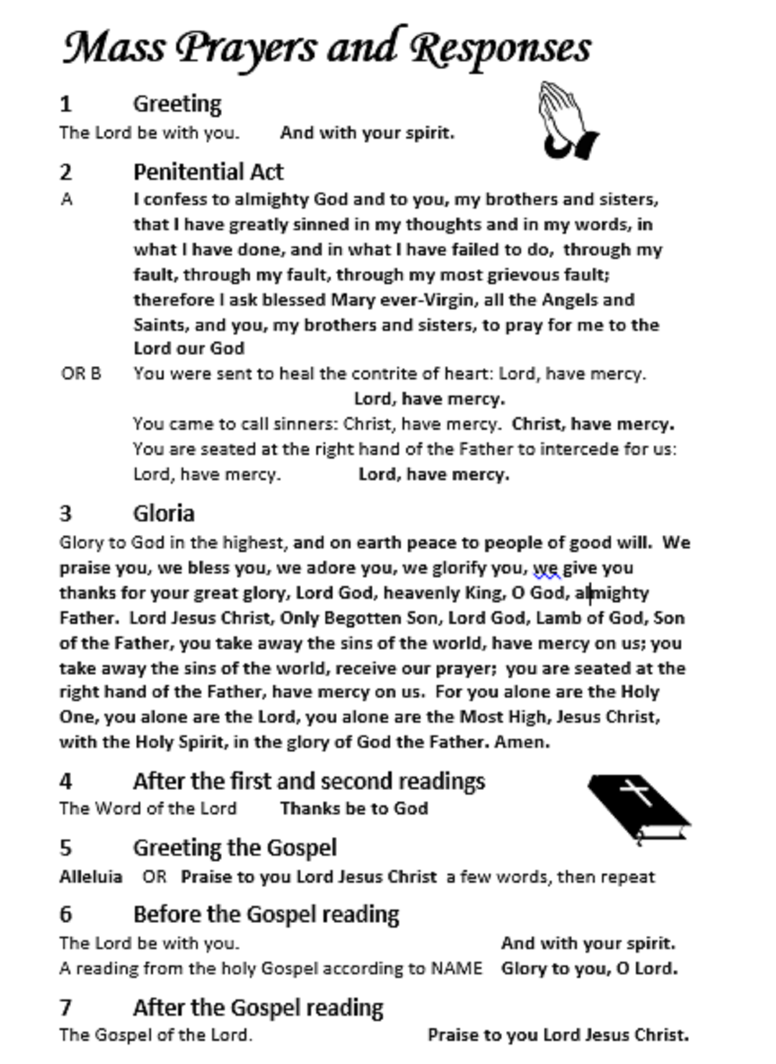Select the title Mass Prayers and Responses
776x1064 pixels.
[327, 47]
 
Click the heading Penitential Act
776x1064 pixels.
[208, 172]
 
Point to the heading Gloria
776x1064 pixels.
[163, 513]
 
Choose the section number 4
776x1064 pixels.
[66, 781]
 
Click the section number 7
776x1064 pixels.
[66, 1008]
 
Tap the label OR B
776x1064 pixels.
[81, 374]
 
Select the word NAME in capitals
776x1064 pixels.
[456, 968]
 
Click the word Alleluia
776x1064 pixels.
[91, 877]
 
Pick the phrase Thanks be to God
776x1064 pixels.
[354, 809]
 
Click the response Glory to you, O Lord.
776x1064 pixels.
[589, 968]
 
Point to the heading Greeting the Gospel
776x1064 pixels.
[234, 848]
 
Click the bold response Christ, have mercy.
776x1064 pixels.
[593, 424]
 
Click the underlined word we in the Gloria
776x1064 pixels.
[546, 569]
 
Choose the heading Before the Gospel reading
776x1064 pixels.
[266, 914]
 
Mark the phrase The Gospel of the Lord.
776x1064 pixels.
[156, 1035]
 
